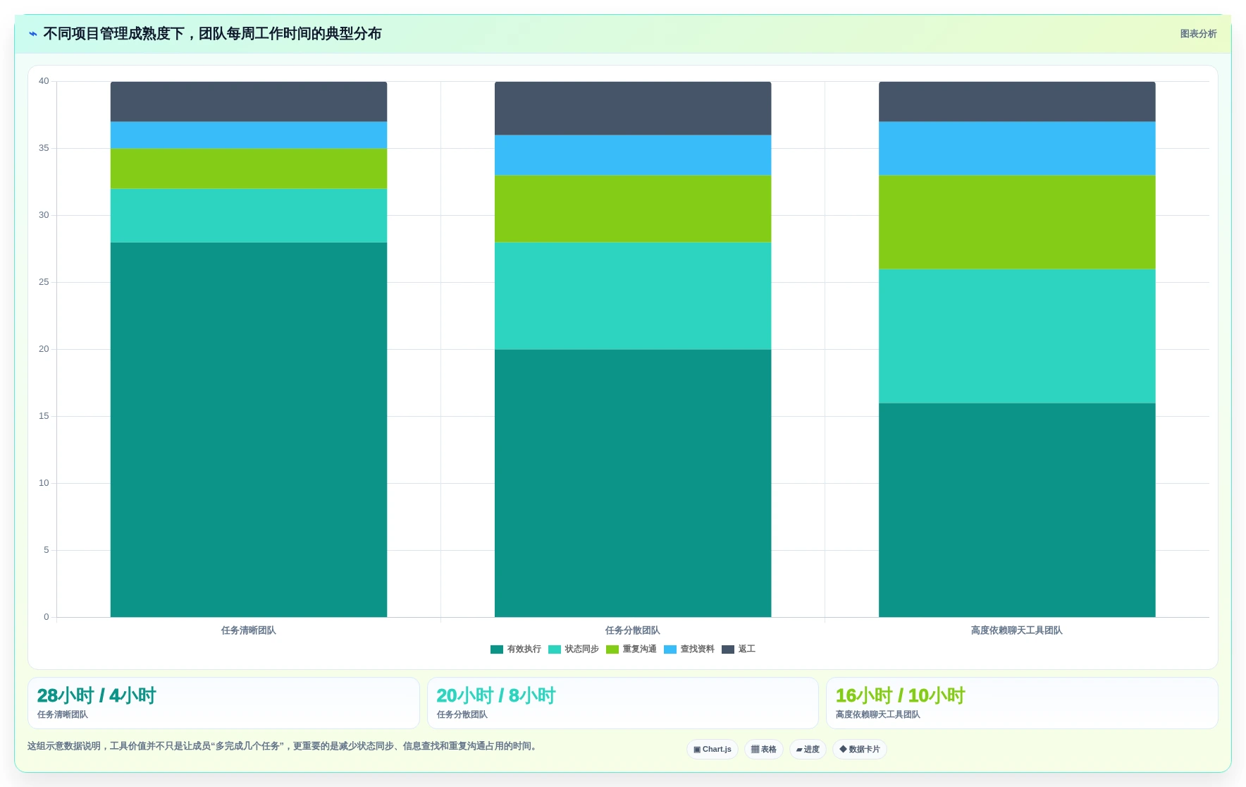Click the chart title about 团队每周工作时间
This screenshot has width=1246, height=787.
click(x=212, y=34)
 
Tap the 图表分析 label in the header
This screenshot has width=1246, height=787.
click(x=1198, y=34)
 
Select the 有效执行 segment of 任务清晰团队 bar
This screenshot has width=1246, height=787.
click(x=249, y=429)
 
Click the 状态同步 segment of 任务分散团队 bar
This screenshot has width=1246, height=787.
click(x=633, y=296)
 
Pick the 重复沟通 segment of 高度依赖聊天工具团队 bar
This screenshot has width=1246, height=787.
click(x=1017, y=222)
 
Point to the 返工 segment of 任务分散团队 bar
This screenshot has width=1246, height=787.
click(x=633, y=108)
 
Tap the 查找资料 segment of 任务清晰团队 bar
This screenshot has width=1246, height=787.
click(x=249, y=135)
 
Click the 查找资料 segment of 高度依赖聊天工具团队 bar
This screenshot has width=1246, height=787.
click(x=1017, y=148)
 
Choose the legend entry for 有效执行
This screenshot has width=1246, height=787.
click(x=516, y=649)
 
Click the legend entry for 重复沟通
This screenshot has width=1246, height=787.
click(x=631, y=649)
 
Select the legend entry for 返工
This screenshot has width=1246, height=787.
click(x=739, y=649)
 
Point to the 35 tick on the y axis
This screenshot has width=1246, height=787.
click(x=44, y=148)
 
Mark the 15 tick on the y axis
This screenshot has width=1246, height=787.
click(x=44, y=416)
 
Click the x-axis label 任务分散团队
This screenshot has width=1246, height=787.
click(x=633, y=630)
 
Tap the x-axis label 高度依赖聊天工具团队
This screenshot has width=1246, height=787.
click(x=1017, y=630)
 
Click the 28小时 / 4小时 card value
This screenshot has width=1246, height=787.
click(x=97, y=696)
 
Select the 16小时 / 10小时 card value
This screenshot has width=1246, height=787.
click(x=900, y=696)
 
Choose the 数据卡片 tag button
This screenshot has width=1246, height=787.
click(x=860, y=750)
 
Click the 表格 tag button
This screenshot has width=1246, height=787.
click(x=764, y=750)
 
